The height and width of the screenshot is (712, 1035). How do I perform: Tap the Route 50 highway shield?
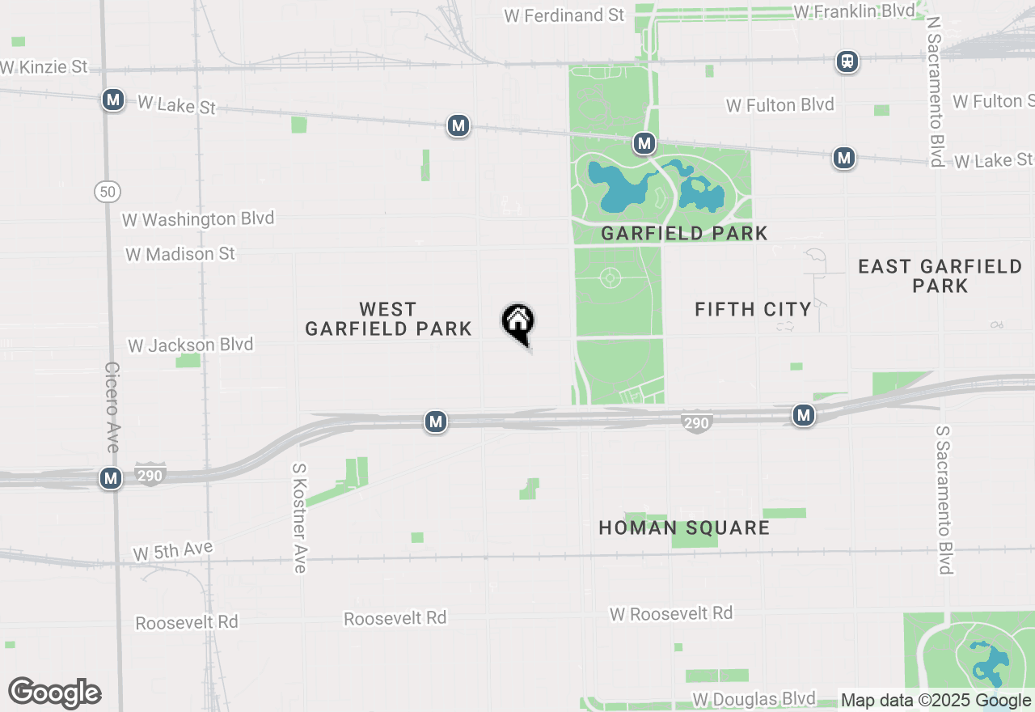(x=108, y=192)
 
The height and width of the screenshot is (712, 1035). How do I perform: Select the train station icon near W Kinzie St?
(x=847, y=61)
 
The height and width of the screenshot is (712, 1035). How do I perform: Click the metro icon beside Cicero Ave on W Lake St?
(x=113, y=100)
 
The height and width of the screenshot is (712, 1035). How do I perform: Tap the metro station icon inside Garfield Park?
(x=644, y=144)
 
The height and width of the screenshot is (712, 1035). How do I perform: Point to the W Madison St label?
(x=180, y=254)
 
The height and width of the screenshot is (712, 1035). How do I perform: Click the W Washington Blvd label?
(x=198, y=219)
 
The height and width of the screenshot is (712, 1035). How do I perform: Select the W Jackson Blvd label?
(x=191, y=345)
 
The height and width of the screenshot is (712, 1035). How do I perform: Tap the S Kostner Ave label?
(x=299, y=518)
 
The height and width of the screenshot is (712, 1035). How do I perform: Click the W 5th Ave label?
(x=173, y=552)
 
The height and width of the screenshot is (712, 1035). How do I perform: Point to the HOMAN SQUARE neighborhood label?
(x=684, y=528)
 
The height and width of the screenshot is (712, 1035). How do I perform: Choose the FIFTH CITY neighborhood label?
(x=753, y=309)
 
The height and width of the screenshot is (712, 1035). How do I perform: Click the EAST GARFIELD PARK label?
(x=940, y=276)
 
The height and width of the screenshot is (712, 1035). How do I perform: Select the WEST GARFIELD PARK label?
(x=388, y=319)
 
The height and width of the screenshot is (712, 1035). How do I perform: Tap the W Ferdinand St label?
(x=564, y=15)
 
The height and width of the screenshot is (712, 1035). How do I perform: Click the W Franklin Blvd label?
(x=855, y=11)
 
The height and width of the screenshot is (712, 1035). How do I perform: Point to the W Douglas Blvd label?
(x=754, y=699)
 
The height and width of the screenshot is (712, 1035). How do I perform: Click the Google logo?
(x=54, y=693)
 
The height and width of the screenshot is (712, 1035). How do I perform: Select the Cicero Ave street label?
(x=112, y=407)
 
